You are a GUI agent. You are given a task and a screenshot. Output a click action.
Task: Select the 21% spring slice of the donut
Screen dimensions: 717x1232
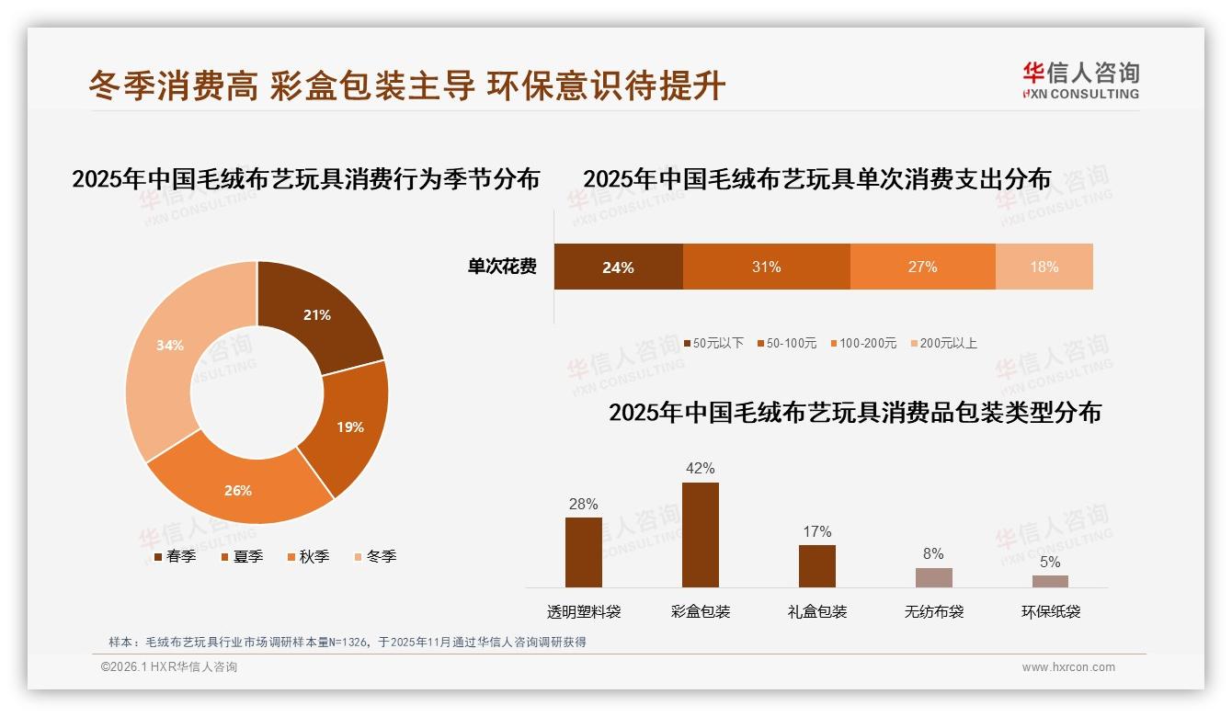(x=317, y=313)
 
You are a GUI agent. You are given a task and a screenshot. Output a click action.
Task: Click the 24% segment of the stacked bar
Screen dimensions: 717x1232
(x=618, y=267)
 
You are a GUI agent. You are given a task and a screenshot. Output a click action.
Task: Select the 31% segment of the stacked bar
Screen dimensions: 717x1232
(x=766, y=267)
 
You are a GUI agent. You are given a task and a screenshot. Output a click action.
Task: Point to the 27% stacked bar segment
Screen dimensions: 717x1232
(x=922, y=267)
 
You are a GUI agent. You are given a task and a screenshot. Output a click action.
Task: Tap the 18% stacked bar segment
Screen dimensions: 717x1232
(x=1044, y=267)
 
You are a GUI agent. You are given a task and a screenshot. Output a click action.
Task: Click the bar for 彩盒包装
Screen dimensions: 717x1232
(x=700, y=535)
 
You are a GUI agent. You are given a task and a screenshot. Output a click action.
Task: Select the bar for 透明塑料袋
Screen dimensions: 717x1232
(x=583, y=552)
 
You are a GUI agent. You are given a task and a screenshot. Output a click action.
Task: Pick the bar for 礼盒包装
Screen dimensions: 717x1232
(x=816, y=566)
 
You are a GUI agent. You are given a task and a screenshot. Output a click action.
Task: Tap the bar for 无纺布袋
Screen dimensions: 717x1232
(x=933, y=577)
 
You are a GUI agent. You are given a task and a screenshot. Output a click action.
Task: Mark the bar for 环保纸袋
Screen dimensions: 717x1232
(x=1050, y=581)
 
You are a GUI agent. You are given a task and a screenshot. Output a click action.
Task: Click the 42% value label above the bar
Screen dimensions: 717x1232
(x=700, y=469)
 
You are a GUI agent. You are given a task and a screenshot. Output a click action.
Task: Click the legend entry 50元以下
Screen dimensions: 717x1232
(x=713, y=343)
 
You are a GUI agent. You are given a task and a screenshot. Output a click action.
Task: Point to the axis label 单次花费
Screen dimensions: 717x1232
(x=502, y=267)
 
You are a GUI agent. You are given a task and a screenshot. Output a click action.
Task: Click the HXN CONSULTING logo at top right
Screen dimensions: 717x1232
(x=1080, y=80)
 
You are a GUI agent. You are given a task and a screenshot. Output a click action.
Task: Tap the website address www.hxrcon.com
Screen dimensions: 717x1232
(x=1068, y=667)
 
